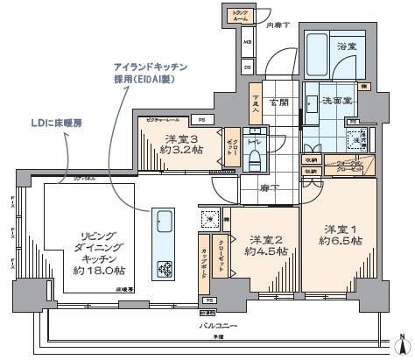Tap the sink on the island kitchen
(x=163, y=219)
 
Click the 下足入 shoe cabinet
(x=256, y=104)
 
